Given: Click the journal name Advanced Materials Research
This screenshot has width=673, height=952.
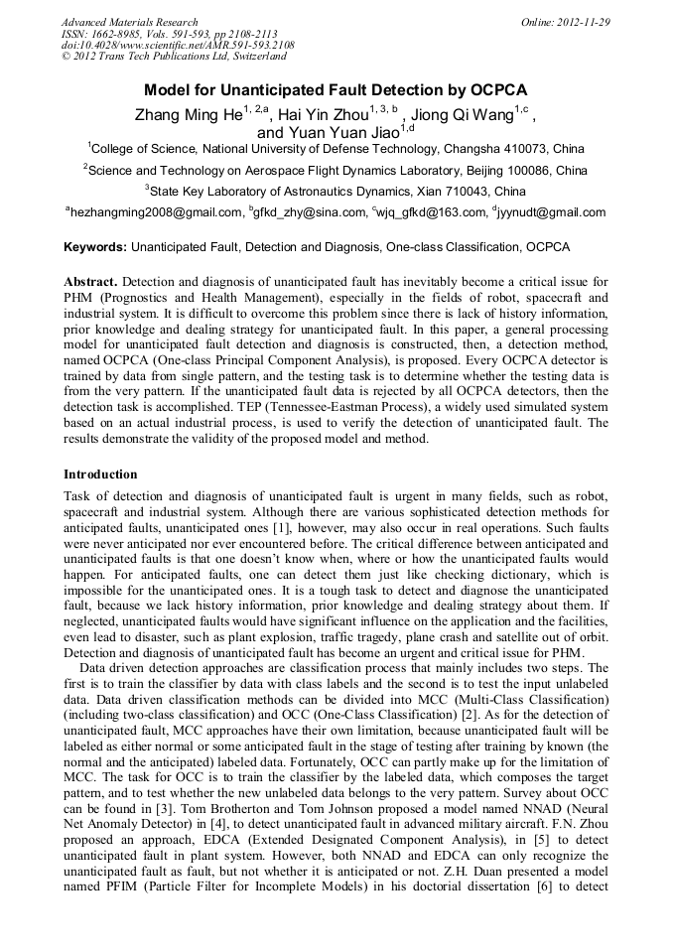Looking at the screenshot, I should (129, 22).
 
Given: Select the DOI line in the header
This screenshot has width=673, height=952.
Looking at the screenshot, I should (178, 45).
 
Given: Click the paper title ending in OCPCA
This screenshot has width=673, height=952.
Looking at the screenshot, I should (336, 89).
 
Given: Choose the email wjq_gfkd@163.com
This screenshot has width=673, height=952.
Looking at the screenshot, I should (427, 211).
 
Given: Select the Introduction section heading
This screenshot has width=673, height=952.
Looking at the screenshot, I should (100, 475).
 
